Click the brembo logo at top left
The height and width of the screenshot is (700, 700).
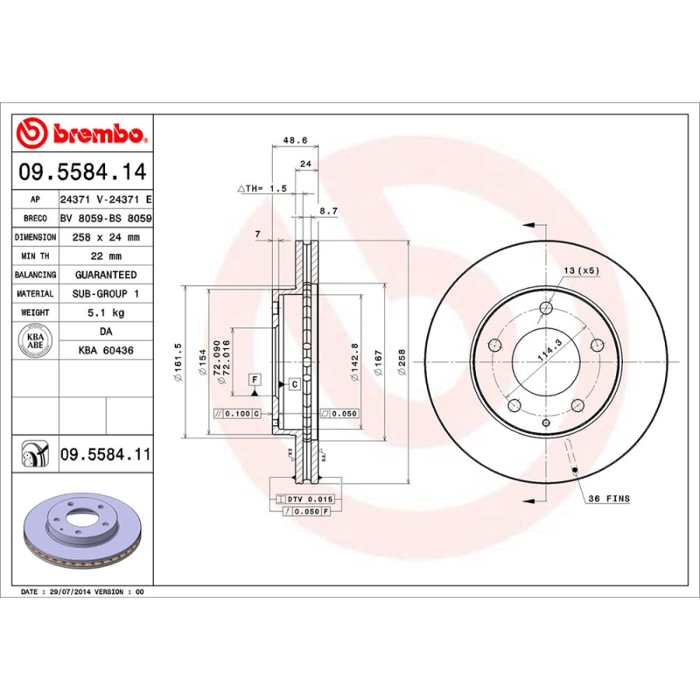[x=80, y=134]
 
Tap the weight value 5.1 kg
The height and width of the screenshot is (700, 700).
[x=106, y=312]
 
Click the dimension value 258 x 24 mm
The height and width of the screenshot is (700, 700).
[x=106, y=237]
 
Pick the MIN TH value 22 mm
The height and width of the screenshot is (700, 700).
[x=106, y=256]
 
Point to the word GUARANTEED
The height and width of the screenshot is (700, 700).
[x=106, y=275]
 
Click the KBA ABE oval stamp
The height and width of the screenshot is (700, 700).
[x=36, y=339]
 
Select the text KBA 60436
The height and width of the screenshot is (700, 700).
[x=106, y=350]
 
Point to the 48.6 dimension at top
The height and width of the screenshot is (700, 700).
[x=295, y=139]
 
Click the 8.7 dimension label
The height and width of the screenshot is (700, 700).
[x=329, y=211]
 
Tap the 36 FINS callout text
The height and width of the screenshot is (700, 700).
[x=608, y=498]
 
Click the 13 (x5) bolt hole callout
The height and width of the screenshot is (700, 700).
[x=581, y=270]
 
